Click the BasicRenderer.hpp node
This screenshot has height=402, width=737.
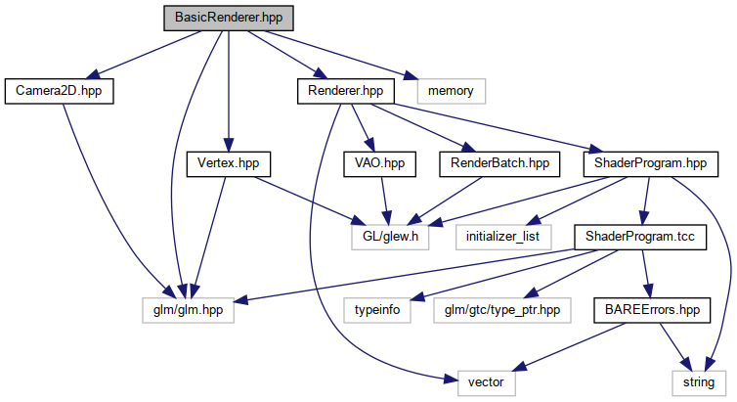coord(227,18)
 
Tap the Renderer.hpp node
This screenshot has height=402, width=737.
coord(345,91)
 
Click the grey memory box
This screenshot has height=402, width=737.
coord(450,91)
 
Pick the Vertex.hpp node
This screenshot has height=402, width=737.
coord(227,163)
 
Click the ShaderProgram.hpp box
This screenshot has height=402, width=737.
coord(643,163)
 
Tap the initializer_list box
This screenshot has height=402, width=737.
coord(502,236)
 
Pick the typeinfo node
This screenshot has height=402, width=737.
coord(375,308)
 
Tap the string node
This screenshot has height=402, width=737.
coord(698,381)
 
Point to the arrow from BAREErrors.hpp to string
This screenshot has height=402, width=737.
coord(675,344)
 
